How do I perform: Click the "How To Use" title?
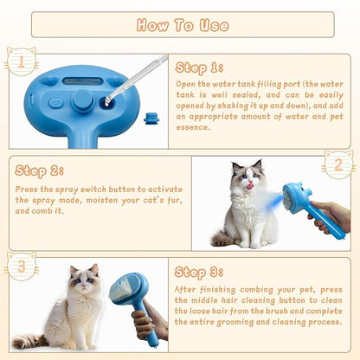tap(179, 24)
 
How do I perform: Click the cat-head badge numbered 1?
tap(21, 61)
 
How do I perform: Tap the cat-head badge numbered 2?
tap(338, 164)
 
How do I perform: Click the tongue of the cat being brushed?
tap(252, 184)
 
